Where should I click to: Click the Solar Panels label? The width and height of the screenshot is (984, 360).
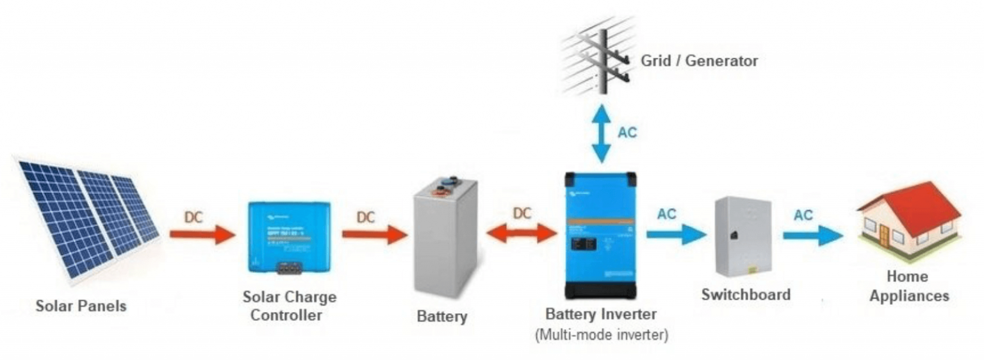click(x=81, y=306)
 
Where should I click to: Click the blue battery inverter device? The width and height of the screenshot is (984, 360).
click(x=600, y=237)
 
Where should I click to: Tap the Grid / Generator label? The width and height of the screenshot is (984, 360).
click(x=699, y=61)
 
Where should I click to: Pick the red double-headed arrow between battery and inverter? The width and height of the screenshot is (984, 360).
click(x=522, y=233)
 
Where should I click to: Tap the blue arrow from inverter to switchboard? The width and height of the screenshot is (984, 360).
click(x=675, y=234)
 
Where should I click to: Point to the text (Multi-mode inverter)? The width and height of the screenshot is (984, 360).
click(x=601, y=335)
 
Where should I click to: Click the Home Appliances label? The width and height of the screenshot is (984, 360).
click(x=908, y=286)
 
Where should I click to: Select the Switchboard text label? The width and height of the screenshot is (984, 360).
click(x=746, y=295)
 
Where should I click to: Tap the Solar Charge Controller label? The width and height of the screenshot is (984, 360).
click(x=289, y=306)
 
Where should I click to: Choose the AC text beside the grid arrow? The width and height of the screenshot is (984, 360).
click(x=627, y=133)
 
